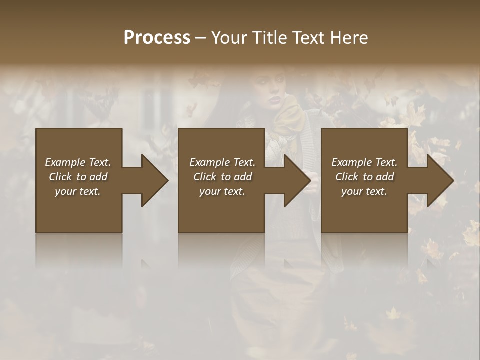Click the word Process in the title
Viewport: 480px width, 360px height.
tap(157, 38)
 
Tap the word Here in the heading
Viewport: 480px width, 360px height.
tap(348, 38)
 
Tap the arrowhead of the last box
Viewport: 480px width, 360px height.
tap(439, 180)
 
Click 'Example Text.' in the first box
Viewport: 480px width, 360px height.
tap(78, 162)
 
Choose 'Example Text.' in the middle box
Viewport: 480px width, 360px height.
tap(222, 162)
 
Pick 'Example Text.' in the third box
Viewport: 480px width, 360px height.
tap(364, 162)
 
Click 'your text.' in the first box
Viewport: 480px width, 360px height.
tap(78, 191)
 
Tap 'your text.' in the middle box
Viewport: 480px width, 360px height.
tap(222, 191)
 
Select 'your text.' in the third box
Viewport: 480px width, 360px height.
tap(364, 191)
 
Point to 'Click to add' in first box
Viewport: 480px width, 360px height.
tap(78, 177)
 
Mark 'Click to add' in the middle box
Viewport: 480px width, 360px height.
tap(222, 177)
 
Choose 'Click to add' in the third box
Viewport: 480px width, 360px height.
tap(364, 177)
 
